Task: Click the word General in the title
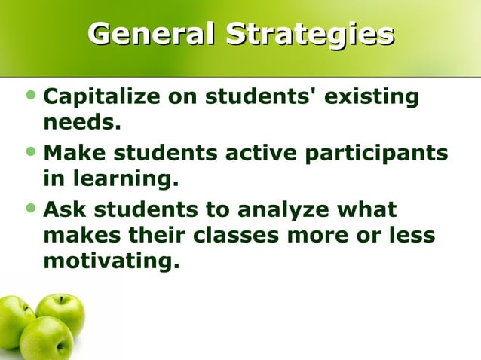click(152, 35)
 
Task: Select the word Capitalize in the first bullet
click(105, 97)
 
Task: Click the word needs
click(82, 122)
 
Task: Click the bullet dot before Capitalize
click(30, 97)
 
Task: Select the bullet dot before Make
click(30, 154)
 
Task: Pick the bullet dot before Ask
click(30, 210)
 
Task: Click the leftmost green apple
click(14, 320)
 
